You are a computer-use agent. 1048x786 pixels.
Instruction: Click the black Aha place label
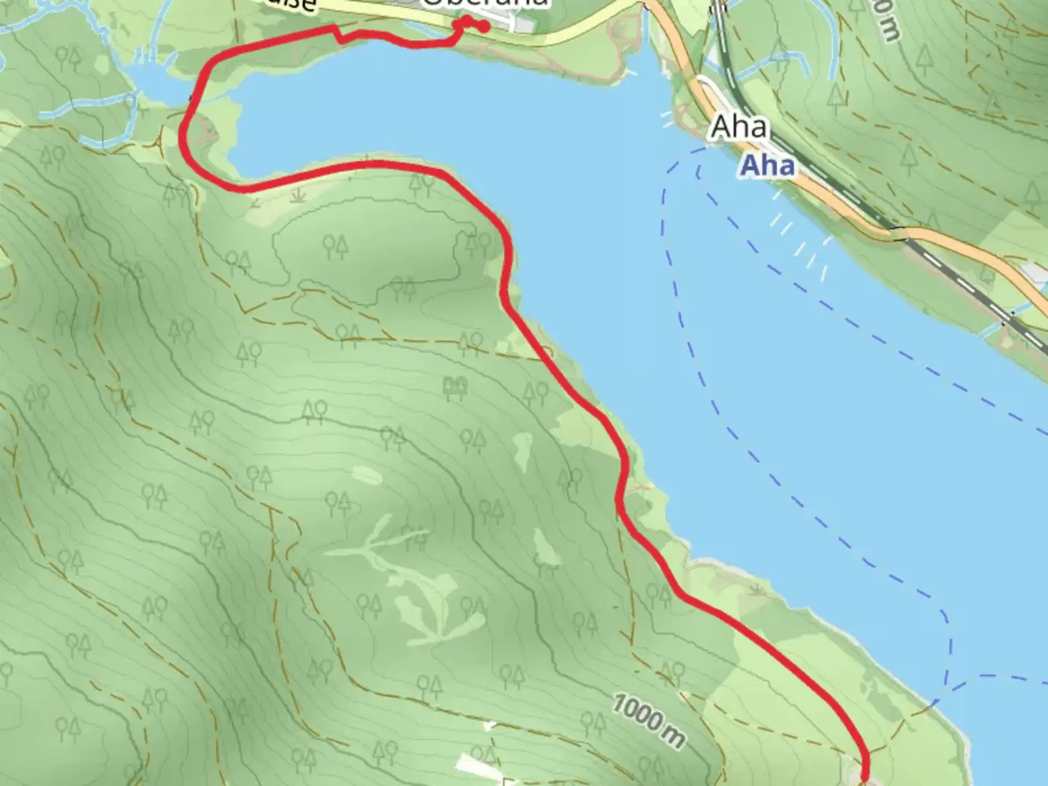click(x=739, y=127)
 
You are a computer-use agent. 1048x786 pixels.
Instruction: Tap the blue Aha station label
click(x=767, y=166)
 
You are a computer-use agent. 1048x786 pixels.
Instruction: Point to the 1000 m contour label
click(x=648, y=720)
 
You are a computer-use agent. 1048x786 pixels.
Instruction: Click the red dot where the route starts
click(x=484, y=27)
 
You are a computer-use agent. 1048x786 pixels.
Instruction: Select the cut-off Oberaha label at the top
click(x=484, y=4)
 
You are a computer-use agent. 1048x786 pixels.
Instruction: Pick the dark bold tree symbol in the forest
click(x=455, y=388)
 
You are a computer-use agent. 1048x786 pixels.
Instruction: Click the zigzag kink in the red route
click(x=338, y=33)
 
